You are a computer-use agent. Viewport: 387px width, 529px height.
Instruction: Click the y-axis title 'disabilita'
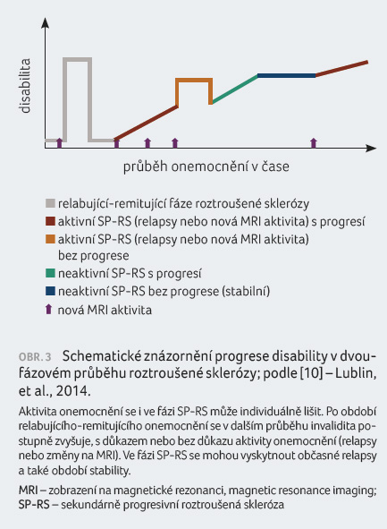click(x=25, y=86)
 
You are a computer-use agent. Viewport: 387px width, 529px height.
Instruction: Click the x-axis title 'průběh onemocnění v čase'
click(x=206, y=166)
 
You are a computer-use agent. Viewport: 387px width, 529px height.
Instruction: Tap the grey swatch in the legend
click(x=50, y=203)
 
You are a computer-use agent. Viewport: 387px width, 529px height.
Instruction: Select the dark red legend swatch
click(x=50, y=221)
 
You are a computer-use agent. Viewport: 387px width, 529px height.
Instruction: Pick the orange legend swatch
click(x=50, y=239)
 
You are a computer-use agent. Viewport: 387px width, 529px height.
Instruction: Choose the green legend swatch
click(x=50, y=273)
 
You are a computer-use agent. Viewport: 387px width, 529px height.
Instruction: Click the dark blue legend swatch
click(x=50, y=291)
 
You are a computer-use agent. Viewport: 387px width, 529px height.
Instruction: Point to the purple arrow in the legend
click(x=49, y=310)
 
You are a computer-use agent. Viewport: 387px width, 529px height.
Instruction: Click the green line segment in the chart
click(x=235, y=90)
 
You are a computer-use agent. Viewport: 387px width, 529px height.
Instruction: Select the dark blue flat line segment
click(x=287, y=76)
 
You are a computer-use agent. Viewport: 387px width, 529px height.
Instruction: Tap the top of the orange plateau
click(x=194, y=80)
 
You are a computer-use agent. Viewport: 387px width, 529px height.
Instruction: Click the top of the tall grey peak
click(x=78, y=60)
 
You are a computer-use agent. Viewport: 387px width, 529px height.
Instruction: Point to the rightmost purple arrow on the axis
click(x=314, y=142)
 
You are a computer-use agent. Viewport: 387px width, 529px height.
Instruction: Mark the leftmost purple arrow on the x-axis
click(x=59, y=142)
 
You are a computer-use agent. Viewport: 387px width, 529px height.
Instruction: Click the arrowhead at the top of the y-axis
click(x=45, y=22)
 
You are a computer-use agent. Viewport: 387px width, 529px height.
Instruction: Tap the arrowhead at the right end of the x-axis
click(x=371, y=148)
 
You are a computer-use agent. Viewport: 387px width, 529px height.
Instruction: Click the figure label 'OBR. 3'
click(x=35, y=357)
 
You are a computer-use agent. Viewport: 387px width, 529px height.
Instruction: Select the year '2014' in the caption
click(x=72, y=391)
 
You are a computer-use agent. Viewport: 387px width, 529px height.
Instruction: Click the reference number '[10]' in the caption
click(x=312, y=373)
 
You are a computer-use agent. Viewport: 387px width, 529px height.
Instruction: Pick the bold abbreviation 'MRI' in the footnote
click(x=28, y=490)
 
